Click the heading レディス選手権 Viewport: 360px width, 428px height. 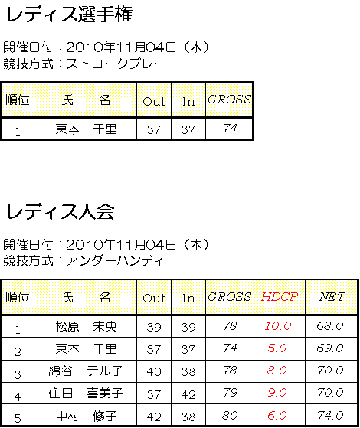(69, 15)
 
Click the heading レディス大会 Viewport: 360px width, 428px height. (60, 212)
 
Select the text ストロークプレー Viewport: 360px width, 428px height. (116, 64)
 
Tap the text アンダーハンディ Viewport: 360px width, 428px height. (114, 261)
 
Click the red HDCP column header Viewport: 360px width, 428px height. (279, 297)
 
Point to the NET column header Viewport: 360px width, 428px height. (332, 297)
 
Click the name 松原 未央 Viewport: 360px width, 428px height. (87, 326)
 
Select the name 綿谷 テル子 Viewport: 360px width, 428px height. (86, 371)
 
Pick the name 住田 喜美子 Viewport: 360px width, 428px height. (86, 394)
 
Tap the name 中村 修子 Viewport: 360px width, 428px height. (87, 416)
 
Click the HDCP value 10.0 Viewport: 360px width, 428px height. (278, 326)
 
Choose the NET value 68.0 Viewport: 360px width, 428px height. (330, 326)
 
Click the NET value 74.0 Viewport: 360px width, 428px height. (330, 416)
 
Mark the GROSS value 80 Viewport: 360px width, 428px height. (230, 416)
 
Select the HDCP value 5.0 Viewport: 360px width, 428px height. (277, 348)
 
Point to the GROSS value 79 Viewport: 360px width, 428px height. (230, 393)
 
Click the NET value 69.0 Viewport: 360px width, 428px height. (330, 348)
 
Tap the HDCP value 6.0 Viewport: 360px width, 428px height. (277, 416)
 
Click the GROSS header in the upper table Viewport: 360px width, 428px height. (230, 100)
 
